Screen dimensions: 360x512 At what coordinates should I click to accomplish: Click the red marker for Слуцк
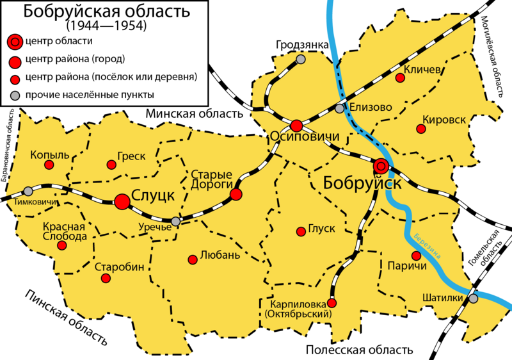[122, 202]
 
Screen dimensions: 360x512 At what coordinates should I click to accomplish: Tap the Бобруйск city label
[362, 183]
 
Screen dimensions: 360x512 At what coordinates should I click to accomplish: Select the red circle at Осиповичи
[296, 126]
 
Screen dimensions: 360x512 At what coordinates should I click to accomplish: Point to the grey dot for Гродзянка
[301, 60]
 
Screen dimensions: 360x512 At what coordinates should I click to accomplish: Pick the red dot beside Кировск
[420, 129]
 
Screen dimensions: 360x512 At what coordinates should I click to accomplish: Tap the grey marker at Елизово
[339, 108]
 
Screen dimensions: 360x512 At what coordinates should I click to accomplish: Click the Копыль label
[49, 155]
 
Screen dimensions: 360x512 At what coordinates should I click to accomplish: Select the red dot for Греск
[111, 165]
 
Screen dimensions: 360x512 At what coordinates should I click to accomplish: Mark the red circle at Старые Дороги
[236, 195]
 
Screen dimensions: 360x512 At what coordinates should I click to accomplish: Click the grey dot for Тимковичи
[28, 191]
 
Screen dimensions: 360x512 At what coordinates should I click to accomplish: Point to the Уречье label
[156, 227]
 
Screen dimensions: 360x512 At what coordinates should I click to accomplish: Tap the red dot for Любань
[193, 259]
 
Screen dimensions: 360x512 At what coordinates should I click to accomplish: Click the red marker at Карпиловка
[332, 303]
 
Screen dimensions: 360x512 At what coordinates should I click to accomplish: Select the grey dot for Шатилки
[473, 299]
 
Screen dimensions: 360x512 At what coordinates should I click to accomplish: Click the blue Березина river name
[428, 245]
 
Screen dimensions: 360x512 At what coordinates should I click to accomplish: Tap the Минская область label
[195, 114]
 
